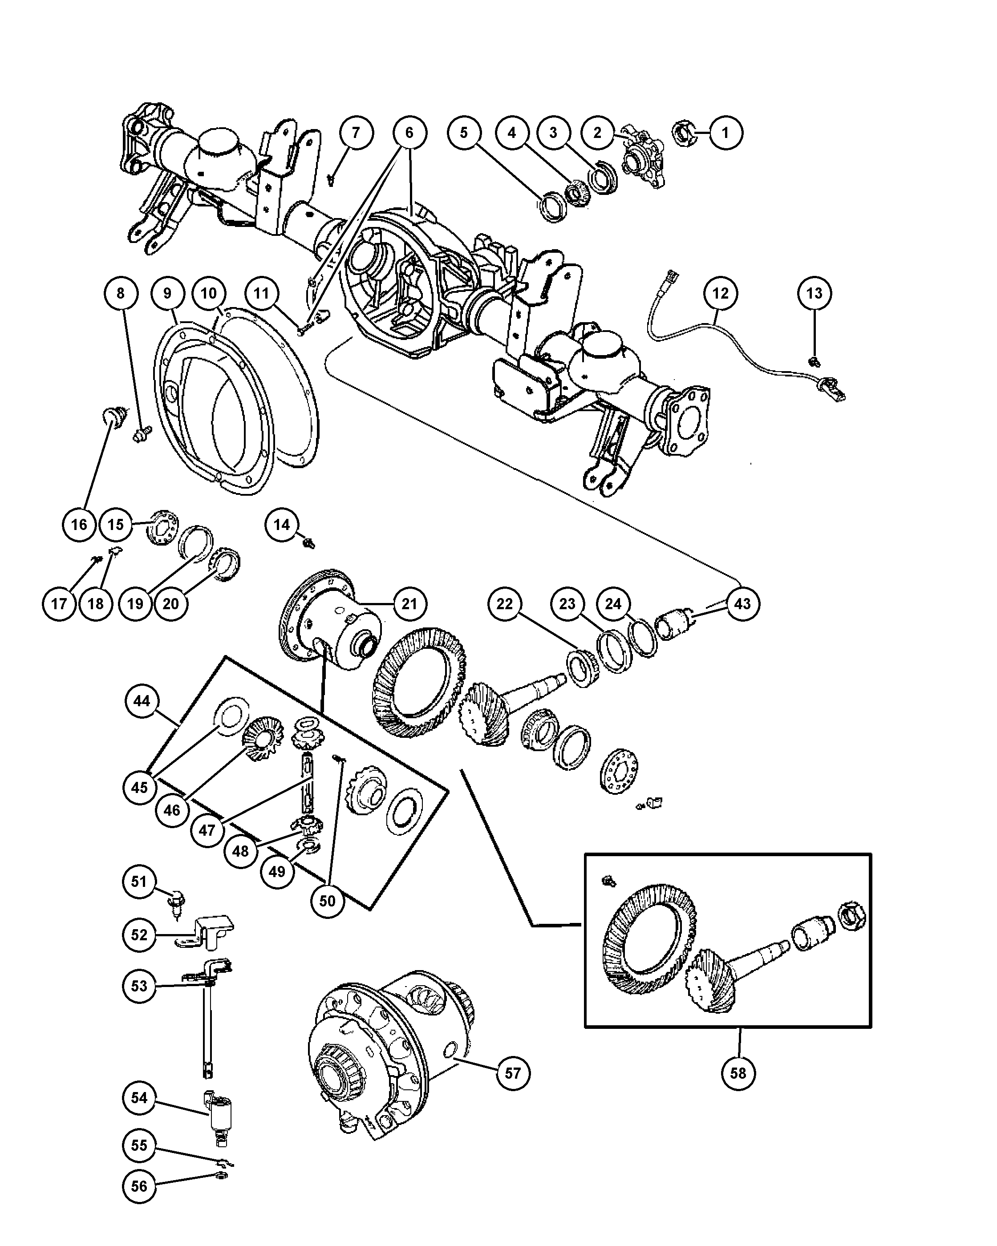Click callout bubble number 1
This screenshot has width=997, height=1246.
click(x=725, y=133)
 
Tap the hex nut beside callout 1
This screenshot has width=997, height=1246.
click(x=684, y=133)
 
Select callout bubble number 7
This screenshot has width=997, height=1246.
click(x=356, y=133)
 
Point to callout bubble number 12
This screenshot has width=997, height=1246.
click(x=721, y=294)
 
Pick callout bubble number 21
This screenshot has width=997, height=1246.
click(x=409, y=604)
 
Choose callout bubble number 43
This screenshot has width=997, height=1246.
click(x=742, y=604)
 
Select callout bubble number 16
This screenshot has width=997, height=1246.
click(x=79, y=525)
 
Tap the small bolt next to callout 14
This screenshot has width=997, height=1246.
click(x=309, y=543)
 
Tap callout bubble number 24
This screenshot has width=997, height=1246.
click(x=613, y=604)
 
